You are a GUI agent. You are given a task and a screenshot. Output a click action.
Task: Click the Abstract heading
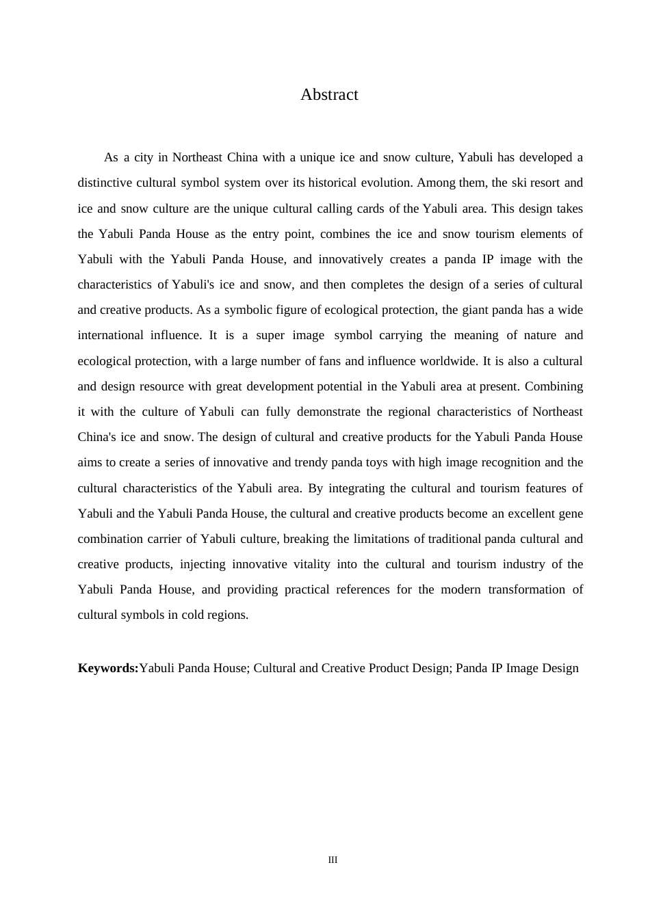pyautogui.click(x=329, y=94)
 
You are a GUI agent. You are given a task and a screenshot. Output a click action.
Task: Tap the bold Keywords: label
pyautogui.click(x=108, y=668)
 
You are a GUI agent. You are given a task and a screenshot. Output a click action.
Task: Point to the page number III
pyautogui.click(x=333, y=860)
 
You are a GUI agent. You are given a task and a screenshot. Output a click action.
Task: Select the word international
pyautogui.click(x=110, y=335)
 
